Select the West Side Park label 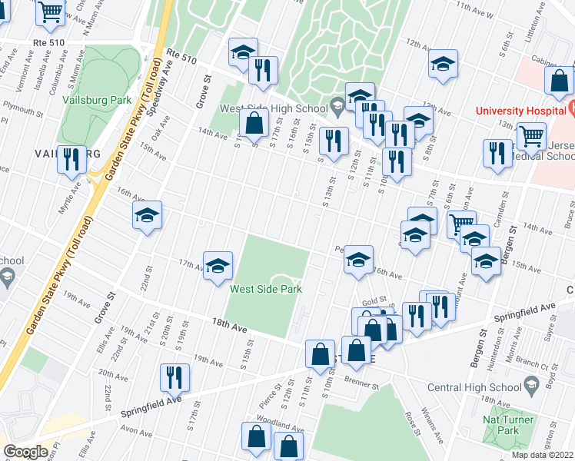(266, 289)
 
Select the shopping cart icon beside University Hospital (531, 136)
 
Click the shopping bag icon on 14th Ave (254, 121)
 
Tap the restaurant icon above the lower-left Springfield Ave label (174, 376)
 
